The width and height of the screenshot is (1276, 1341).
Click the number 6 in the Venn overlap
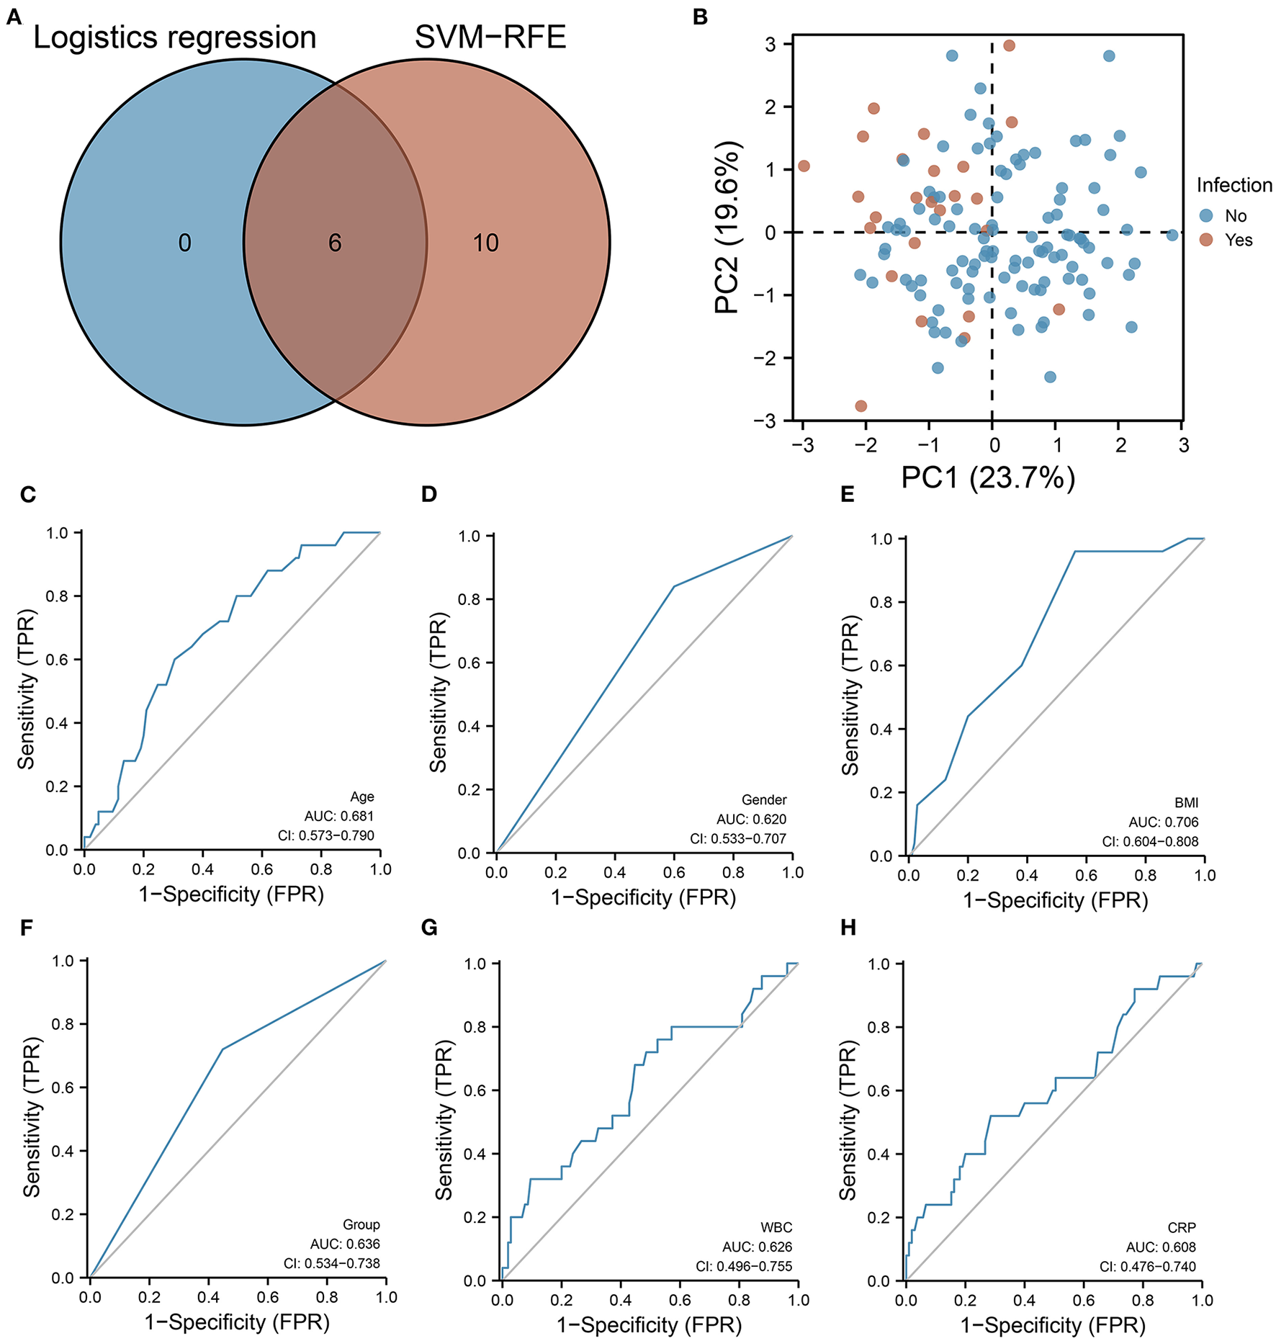tap(335, 243)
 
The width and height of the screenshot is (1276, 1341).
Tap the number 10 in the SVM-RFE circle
tap(485, 243)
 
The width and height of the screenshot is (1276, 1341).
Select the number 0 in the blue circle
tap(185, 243)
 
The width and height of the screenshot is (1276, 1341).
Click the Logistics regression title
tap(175, 37)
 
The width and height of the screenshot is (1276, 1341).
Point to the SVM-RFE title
tap(490, 37)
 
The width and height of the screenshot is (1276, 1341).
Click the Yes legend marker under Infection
tap(1206, 240)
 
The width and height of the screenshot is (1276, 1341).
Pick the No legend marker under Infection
tap(1206, 215)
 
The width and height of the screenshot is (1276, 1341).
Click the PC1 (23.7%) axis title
tap(988, 477)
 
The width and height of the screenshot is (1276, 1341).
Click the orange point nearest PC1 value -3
tap(804, 166)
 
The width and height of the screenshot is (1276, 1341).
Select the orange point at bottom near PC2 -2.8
tap(861, 406)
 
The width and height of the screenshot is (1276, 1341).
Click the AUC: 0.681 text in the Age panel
tap(338, 816)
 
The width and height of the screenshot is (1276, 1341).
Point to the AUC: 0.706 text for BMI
tap(1163, 822)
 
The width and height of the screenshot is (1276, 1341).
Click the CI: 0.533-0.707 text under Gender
tap(737, 838)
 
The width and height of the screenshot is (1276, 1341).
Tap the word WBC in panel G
tap(776, 1227)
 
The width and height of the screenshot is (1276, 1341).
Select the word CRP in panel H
tap(1181, 1227)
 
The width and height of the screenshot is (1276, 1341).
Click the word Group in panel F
tap(361, 1224)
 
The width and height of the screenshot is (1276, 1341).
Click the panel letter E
tap(848, 494)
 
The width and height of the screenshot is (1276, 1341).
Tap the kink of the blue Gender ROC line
tap(673, 586)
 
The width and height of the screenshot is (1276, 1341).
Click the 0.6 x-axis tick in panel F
tap(268, 1297)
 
